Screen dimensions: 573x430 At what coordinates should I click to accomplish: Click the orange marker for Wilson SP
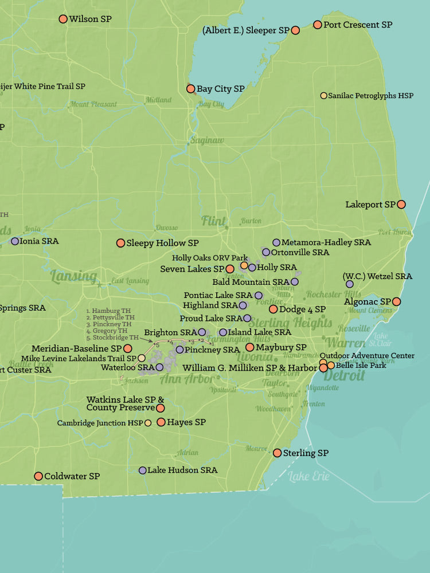(63, 19)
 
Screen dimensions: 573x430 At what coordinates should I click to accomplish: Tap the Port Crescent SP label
(358, 25)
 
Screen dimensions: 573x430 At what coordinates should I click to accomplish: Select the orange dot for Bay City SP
(191, 89)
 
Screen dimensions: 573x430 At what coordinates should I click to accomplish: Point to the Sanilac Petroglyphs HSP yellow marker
(324, 96)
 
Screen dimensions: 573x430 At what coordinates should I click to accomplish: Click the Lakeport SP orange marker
(401, 204)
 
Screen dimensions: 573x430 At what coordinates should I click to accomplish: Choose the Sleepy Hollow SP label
(162, 243)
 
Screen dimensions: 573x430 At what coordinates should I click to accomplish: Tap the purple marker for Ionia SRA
(15, 241)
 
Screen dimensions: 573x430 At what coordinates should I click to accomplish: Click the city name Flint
(213, 221)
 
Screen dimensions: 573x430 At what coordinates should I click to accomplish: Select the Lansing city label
(73, 277)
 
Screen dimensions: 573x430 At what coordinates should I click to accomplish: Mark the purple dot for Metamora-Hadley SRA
(276, 242)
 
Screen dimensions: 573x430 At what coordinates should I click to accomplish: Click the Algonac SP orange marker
(396, 301)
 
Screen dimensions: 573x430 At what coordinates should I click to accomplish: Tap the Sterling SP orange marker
(277, 453)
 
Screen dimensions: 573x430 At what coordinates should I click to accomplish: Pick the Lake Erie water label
(309, 476)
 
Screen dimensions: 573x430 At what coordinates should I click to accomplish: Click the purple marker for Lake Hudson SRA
(143, 470)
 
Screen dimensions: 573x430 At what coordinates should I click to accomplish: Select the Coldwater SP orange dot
(38, 476)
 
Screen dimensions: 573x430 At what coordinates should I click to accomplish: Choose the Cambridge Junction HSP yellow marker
(148, 423)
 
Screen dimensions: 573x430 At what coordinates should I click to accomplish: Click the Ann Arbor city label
(181, 379)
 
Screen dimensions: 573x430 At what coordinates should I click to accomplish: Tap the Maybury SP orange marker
(250, 347)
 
